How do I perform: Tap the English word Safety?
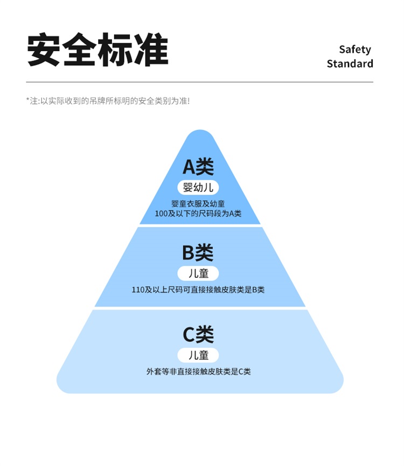click(x=354, y=50)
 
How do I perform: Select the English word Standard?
click(x=350, y=64)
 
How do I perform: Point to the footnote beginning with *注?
click(x=108, y=101)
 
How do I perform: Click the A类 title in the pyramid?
click(x=198, y=167)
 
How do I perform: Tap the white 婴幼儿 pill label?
click(x=198, y=187)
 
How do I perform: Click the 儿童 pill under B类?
click(x=198, y=272)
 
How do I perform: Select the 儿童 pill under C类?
click(x=198, y=355)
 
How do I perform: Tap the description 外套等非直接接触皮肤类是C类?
click(x=198, y=372)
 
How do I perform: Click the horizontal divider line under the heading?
click(x=199, y=82)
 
